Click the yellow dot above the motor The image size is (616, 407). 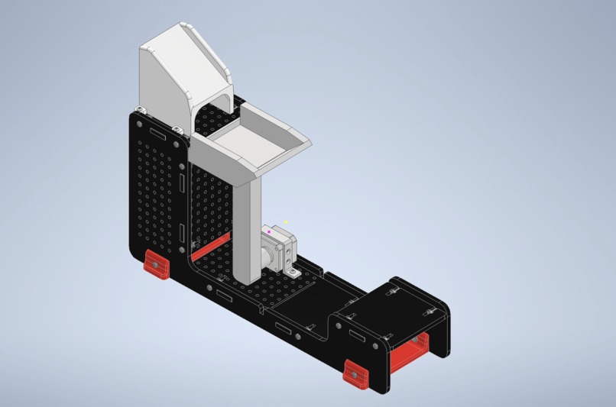tap(286, 222)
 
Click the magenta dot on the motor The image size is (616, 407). tap(269, 231)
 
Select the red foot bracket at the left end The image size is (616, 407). tap(156, 266)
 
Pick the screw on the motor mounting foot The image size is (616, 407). tap(293, 271)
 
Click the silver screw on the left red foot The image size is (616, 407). tap(154, 264)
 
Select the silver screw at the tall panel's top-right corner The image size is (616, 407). tap(178, 143)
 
